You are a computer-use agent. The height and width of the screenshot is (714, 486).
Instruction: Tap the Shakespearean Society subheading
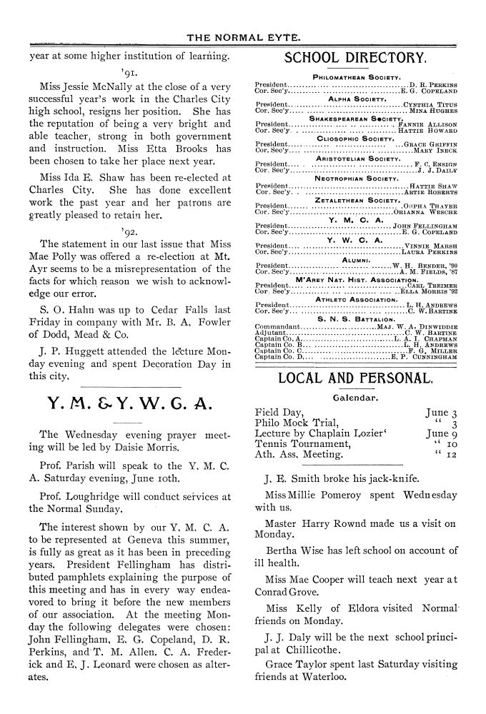point(355,118)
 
